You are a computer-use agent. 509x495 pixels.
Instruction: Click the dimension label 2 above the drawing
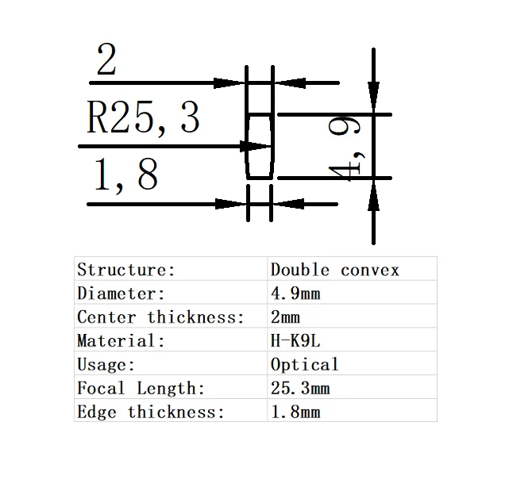(106, 61)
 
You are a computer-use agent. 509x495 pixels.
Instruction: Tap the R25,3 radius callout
(143, 117)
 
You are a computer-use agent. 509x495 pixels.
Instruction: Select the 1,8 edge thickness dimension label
(125, 175)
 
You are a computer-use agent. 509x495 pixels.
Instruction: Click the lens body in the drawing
(259, 146)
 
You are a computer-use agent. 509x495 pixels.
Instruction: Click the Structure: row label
(126, 270)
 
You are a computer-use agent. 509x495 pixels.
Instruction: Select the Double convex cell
(334, 270)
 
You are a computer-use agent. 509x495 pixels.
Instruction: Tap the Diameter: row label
(121, 294)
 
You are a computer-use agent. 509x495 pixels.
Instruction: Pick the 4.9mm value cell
(295, 294)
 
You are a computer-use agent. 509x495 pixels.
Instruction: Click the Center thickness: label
(161, 317)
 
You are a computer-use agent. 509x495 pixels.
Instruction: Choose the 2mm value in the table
(286, 317)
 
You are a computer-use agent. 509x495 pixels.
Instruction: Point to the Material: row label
(121, 341)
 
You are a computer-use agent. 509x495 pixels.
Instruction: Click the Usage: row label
(106, 365)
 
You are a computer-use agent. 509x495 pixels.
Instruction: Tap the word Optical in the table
(305, 365)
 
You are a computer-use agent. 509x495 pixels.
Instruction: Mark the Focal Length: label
(141, 389)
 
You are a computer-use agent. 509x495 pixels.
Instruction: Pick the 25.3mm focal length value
(300, 389)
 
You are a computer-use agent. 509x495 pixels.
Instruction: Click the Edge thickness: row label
(151, 412)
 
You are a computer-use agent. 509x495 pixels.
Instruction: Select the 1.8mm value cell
(295, 412)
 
